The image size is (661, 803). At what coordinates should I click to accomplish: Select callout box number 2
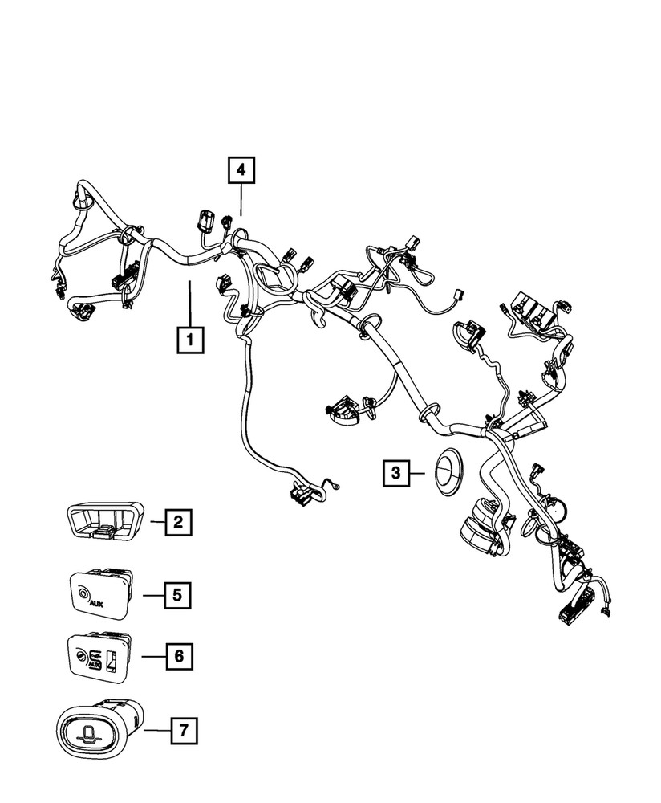coord(178,523)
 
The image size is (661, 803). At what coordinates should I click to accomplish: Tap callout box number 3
coord(395,475)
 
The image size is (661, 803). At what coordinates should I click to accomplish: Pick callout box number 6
coord(178,656)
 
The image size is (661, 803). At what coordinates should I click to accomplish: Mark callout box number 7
coord(185,731)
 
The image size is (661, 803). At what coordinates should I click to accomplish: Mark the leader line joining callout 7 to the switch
coord(157,731)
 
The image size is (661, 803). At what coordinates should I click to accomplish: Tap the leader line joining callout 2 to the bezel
coord(156,523)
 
